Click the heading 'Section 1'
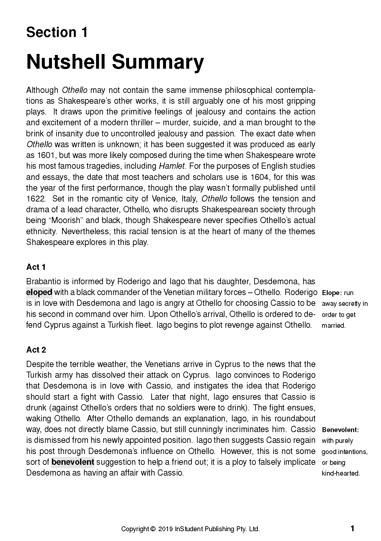click(x=57, y=32)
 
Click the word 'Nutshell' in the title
click(x=67, y=62)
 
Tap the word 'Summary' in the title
click(x=157, y=62)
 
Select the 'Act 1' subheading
click(x=36, y=267)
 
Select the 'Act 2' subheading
click(x=36, y=350)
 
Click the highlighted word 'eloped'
click(x=39, y=292)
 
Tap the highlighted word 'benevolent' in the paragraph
click(x=73, y=462)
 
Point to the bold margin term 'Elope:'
click(x=332, y=293)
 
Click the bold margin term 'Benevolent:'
click(x=340, y=429)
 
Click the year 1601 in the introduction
click(x=44, y=155)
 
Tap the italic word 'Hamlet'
click(x=172, y=166)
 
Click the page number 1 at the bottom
click(x=352, y=529)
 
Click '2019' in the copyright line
click(x=166, y=529)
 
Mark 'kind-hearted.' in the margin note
click(x=341, y=473)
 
